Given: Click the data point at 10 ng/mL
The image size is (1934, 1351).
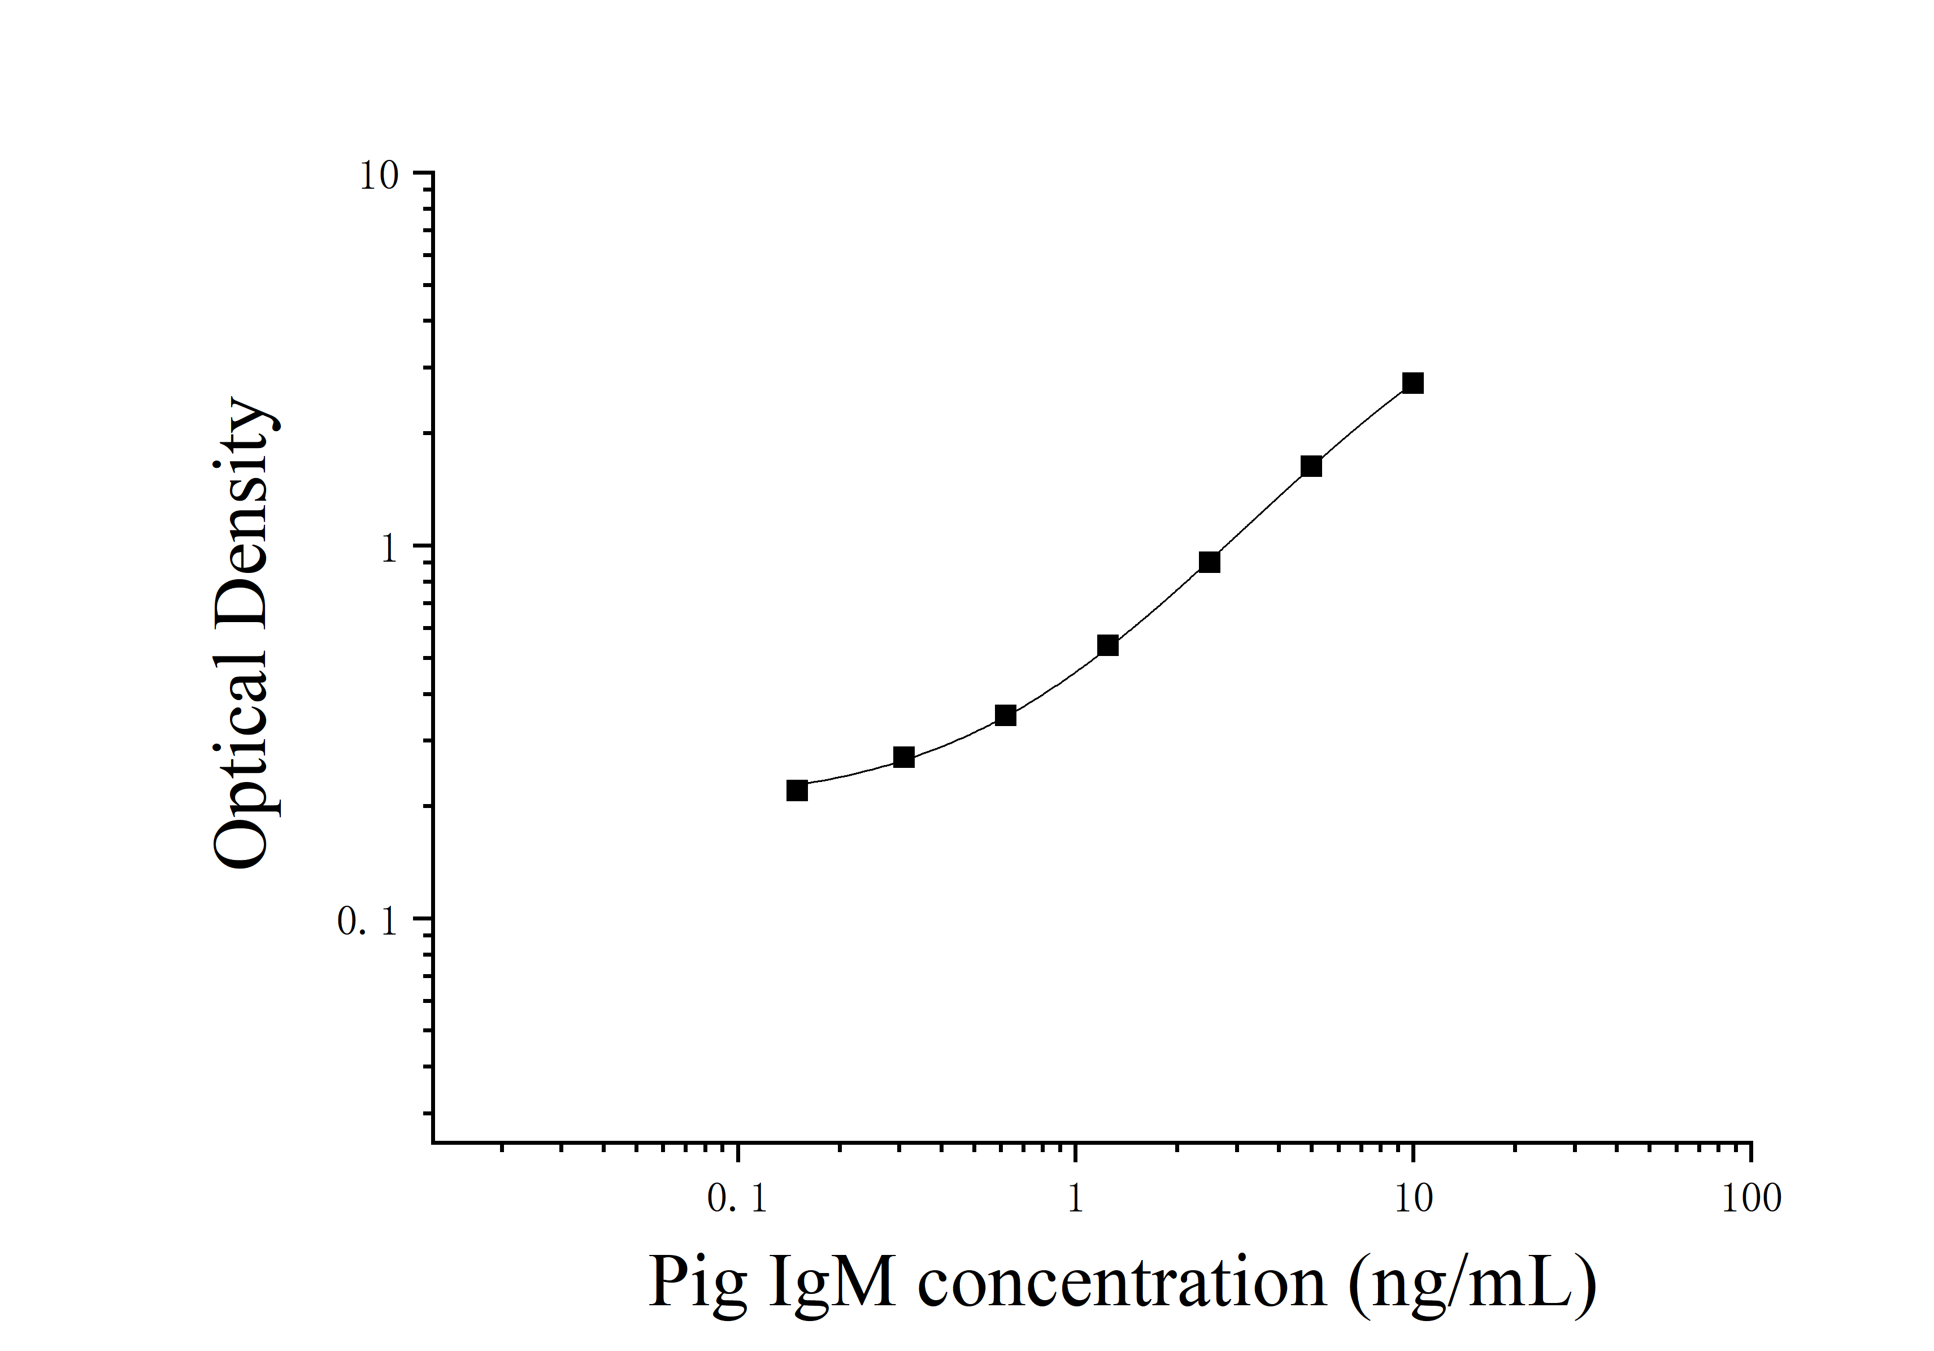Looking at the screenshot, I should pyautogui.click(x=1413, y=383).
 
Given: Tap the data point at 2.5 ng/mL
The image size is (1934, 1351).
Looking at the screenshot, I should pyautogui.click(x=1209, y=562).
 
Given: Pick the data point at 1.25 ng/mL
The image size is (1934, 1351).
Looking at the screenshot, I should pyautogui.click(x=1107, y=645).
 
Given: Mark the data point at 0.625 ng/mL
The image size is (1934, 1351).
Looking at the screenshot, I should pyautogui.click(x=1005, y=715).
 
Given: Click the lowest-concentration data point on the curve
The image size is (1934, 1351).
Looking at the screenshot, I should pyautogui.click(x=797, y=790).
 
